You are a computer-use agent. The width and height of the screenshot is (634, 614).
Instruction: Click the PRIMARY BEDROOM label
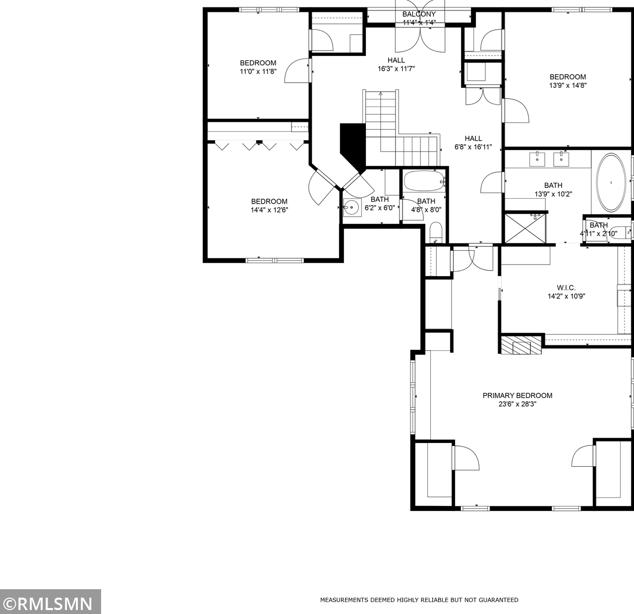pyautogui.click(x=517, y=395)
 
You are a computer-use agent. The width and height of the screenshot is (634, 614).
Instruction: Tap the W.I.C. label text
pyautogui.click(x=566, y=288)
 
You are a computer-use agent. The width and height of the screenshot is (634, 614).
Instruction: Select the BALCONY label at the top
pyautogui.click(x=419, y=14)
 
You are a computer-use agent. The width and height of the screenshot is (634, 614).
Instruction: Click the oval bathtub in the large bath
pyautogui.click(x=611, y=183)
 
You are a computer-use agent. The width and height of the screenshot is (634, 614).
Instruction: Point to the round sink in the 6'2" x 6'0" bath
pyautogui.click(x=352, y=207)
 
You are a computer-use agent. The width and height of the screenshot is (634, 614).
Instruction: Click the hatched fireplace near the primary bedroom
pyautogui.click(x=520, y=346)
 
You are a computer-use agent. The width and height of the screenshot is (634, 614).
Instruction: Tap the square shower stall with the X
pyautogui.click(x=524, y=228)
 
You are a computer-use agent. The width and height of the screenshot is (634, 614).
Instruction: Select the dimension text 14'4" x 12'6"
pyautogui.click(x=269, y=210)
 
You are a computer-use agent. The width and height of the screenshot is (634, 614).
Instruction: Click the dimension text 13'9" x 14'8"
pyautogui.click(x=568, y=85)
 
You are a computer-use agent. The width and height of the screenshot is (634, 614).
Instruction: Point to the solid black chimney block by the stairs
pyautogui.click(x=352, y=144)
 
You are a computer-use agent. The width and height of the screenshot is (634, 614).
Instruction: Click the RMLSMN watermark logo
pyautogui.click(x=50, y=603)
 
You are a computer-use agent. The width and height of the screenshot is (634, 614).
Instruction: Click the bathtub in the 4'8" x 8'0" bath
pyautogui.click(x=424, y=182)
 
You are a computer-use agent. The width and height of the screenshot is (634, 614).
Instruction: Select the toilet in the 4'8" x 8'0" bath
pyautogui.click(x=436, y=233)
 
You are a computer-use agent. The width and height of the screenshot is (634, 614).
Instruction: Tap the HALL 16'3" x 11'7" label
pyautogui.click(x=396, y=64)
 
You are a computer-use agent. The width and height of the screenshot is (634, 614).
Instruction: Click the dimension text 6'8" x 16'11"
pyautogui.click(x=473, y=147)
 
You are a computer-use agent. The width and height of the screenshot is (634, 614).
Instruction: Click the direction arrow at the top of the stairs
pyautogui.click(x=380, y=93)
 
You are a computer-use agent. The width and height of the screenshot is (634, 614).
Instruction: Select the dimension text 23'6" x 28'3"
pyautogui.click(x=517, y=404)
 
